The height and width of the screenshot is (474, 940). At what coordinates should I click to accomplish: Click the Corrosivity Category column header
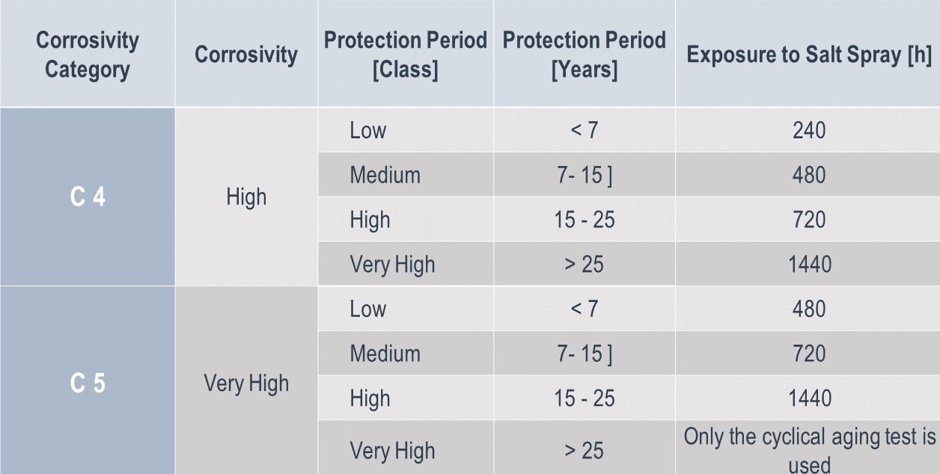[x=88, y=55]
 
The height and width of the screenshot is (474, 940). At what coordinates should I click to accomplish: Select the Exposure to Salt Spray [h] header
[x=808, y=55]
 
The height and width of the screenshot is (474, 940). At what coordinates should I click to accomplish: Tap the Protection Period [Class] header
[x=405, y=55]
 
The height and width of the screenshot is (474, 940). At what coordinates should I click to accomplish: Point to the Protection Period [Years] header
[x=584, y=55]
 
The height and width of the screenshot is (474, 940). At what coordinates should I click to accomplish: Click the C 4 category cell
[x=88, y=197]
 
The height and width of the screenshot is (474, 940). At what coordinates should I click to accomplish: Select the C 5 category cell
[x=88, y=383]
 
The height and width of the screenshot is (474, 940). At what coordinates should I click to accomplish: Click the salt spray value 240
[x=808, y=130]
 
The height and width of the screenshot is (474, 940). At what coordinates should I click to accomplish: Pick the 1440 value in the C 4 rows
[x=808, y=264]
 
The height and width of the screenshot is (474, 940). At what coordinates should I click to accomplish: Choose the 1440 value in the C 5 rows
[x=808, y=398]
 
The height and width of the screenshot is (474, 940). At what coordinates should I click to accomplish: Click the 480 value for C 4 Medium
[x=808, y=175]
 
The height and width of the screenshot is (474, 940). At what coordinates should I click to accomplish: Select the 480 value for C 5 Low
[x=808, y=309]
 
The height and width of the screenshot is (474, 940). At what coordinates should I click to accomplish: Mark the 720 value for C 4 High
[x=808, y=220]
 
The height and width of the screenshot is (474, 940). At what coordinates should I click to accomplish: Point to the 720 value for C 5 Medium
[x=808, y=354]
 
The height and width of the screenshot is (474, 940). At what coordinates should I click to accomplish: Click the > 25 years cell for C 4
[x=584, y=264]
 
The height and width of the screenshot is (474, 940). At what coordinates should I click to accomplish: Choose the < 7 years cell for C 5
[x=584, y=309]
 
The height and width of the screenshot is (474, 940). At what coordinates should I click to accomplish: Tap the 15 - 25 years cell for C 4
[x=584, y=220]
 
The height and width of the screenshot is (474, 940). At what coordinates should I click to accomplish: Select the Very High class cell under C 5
[x=392, y=451]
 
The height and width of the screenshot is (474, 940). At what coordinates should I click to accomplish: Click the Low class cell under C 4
[x=368, y=130]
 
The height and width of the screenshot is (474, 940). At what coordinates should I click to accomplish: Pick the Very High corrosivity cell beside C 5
[x=246, y=383]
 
